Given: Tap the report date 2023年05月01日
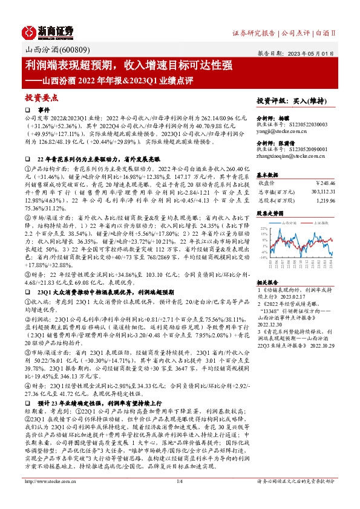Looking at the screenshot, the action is [x=315, y=54].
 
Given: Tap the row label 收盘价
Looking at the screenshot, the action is [x=267, y=182].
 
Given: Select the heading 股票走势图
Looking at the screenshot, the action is [x=269, y=213].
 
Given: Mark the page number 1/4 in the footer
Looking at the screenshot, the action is [x=179, y=498].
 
